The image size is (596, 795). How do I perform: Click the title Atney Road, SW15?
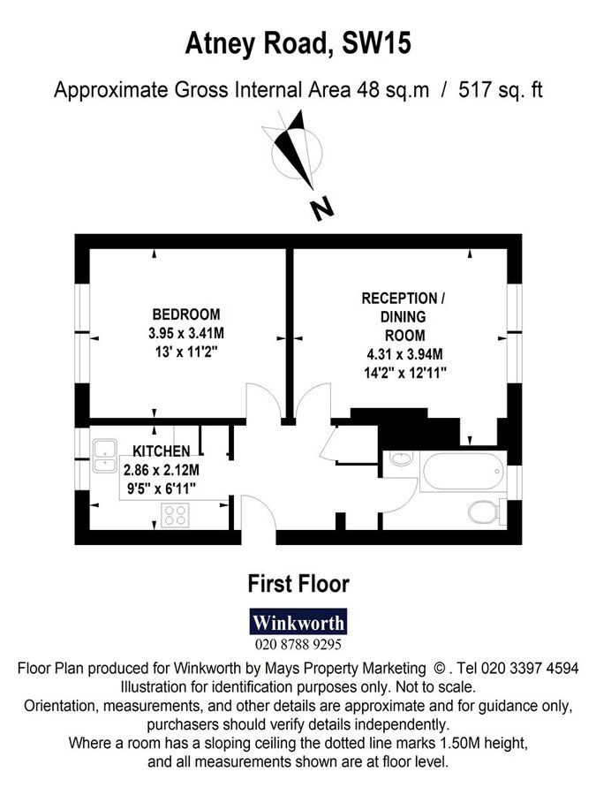298,43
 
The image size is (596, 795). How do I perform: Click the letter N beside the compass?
323,209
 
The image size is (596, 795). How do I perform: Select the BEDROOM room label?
186,314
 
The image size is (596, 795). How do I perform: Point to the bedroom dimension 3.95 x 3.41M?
186,333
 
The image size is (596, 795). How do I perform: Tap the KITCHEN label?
162,450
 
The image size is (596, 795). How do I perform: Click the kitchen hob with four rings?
176,513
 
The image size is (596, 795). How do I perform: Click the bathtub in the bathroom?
462,472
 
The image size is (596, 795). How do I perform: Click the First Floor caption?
298,583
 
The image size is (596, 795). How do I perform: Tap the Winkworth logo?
298,622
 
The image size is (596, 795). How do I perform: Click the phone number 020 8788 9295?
298,645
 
